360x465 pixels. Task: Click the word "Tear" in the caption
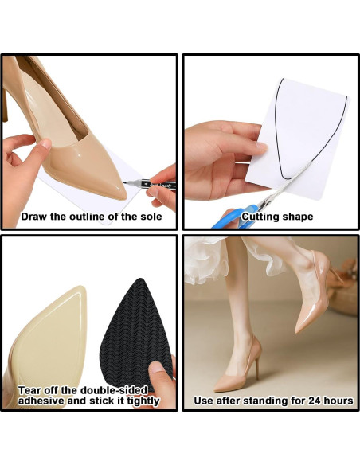tap(32, 389)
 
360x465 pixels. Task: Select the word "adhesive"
tap(43, 401)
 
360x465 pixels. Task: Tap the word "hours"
tap(335, 401)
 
